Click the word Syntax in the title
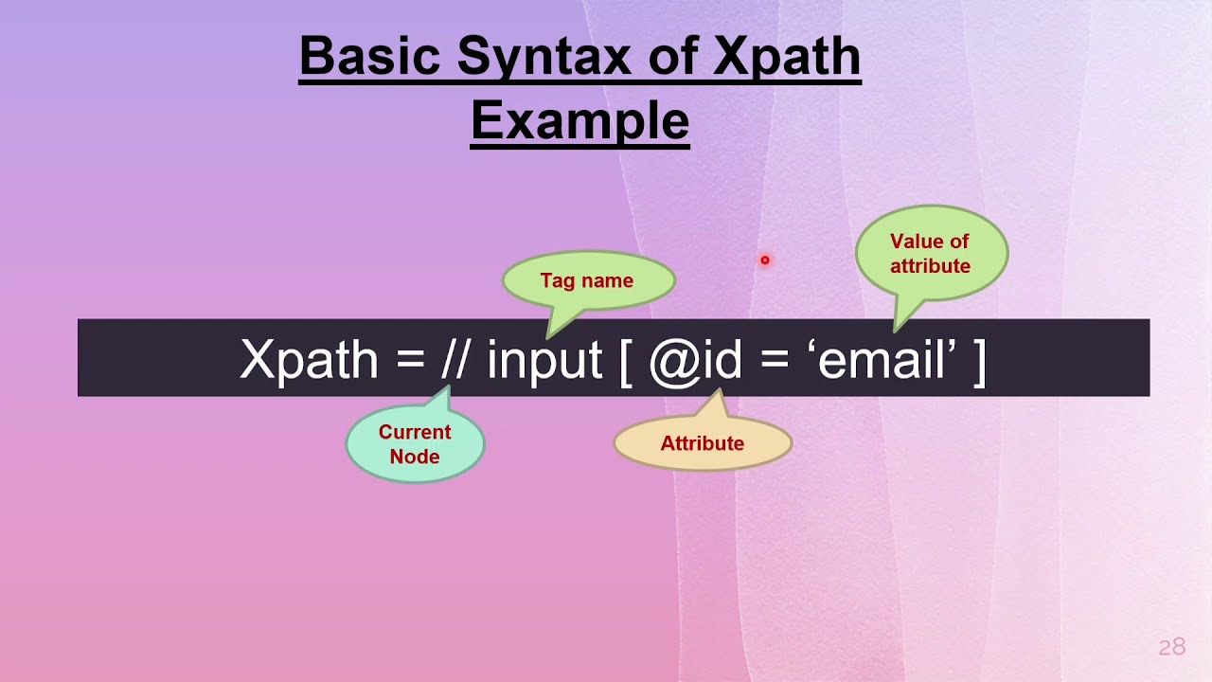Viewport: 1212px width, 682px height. click(x=544, y=57)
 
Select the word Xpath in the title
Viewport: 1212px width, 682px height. click(x=786, y=57)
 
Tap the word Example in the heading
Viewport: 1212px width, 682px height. click(x=579, y=121)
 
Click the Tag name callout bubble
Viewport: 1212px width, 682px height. click(x=587, y=280)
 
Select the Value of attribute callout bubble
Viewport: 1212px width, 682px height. click(x=930, y=254)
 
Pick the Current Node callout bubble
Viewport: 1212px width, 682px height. click(x=415, y=443)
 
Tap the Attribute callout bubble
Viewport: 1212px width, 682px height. click(x=702, y=443)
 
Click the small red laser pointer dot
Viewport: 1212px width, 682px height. click(x=764, y=260)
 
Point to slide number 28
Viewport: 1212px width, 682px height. click(x=1171, y=647)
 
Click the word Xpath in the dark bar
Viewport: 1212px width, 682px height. click(x=309, y=359)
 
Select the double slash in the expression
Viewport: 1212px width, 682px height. click(x=454, y=359)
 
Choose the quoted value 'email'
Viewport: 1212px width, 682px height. click(x=882, y=359)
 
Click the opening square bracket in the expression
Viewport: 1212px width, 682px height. click(x=626, y=360)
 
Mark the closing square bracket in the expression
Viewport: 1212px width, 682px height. click(x=979, y=360)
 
